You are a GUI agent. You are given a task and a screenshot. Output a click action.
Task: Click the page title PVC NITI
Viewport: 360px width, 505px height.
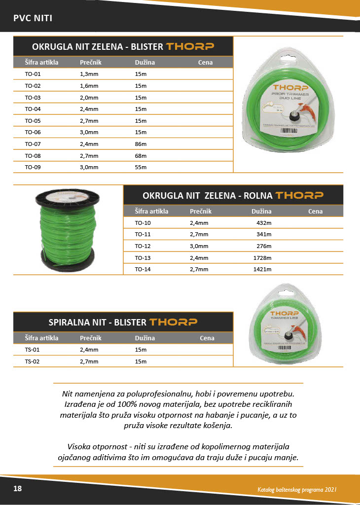click(33, 19)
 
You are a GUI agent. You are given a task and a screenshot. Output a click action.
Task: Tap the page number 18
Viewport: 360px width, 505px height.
click(18, 488)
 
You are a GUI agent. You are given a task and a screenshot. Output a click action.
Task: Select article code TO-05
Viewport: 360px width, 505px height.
click(33, 121)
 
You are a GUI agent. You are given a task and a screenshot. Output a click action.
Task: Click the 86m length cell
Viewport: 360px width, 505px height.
click(141, 144)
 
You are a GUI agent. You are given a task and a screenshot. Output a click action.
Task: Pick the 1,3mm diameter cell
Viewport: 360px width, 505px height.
click(89, 74)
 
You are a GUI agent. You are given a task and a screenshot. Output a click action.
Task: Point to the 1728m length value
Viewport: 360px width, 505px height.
click(262, 258)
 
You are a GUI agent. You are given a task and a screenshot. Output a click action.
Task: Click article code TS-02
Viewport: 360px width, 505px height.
click(33, 361)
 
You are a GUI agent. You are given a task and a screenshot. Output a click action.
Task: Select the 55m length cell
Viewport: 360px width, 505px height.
click(141, 167)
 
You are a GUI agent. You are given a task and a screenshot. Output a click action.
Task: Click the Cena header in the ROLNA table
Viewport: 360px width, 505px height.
click(315, 211)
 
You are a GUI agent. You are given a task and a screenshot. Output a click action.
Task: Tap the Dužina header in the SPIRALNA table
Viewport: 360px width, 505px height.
click(145, 338)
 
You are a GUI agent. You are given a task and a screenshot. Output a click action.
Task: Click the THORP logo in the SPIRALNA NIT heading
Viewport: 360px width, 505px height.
click(173, 322)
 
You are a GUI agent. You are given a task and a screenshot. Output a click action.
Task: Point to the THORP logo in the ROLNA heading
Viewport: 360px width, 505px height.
click(299, 195)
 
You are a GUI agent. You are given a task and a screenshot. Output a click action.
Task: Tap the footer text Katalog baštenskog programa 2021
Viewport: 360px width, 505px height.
click(297, 490)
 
